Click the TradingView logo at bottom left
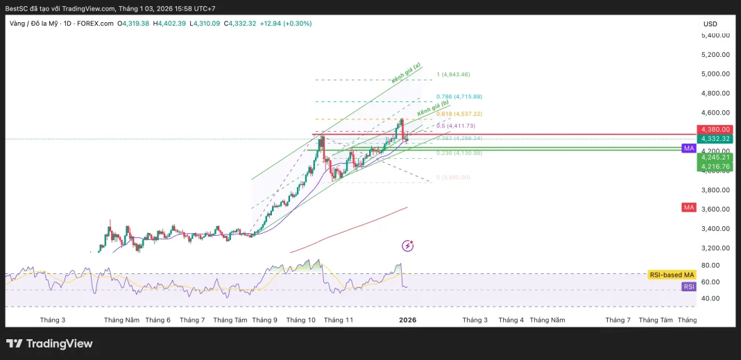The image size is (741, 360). [49, 343]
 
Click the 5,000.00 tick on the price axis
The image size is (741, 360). [715, 74]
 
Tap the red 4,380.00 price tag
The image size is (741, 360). [715, 129]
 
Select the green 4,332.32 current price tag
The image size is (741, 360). [715, 139]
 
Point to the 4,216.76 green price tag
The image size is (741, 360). [715, 166]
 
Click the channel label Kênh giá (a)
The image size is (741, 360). [406, 74]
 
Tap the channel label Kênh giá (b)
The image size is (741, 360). [433, 110]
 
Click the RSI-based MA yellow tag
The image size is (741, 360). [671, 275]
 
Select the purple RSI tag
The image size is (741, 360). [688, 286]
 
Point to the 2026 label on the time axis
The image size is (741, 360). [407, 320]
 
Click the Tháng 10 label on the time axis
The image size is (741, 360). [300, 320]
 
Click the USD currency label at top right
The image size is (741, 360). [710, 24]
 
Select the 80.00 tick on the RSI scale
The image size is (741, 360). [709, 265]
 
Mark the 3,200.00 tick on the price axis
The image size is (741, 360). [715, 248]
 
